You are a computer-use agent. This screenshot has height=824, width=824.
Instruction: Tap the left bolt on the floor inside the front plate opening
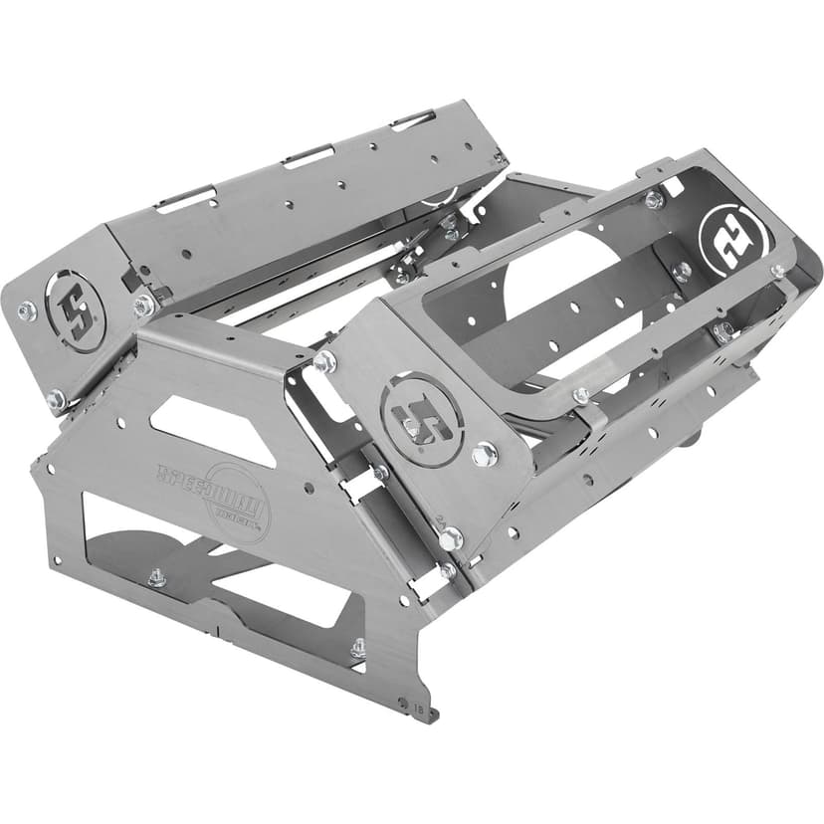[156, 577]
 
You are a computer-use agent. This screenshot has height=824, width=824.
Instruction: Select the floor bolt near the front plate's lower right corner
[357, 650]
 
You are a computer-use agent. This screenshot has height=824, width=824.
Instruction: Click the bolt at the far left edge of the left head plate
[26, 311]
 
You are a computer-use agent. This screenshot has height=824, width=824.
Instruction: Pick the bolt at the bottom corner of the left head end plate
[56, 399]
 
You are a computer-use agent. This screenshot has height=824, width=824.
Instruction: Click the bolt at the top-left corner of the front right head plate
[324, 361]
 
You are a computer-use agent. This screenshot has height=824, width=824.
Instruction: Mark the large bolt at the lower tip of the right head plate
[450, 538]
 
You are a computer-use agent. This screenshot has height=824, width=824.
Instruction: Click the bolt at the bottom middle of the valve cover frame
[581, 396]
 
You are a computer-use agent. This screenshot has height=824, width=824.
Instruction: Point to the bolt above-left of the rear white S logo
[654, 200]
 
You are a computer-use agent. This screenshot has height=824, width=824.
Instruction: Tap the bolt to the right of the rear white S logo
[777, 270]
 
